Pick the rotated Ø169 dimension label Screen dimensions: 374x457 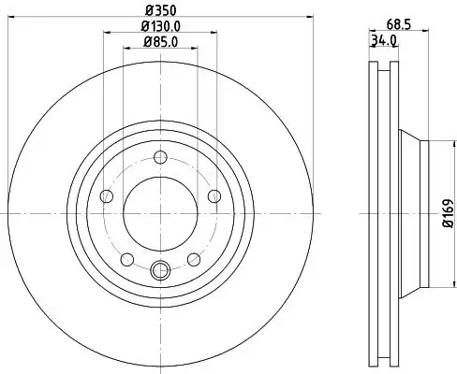tap(448, 214)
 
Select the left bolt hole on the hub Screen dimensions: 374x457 tap(106, 196)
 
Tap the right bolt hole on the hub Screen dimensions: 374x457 tap(214, 195)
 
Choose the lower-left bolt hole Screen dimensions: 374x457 tap(126, 259)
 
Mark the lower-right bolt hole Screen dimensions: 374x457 tap(192, 259)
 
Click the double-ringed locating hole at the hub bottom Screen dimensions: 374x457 tap(159, 272)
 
